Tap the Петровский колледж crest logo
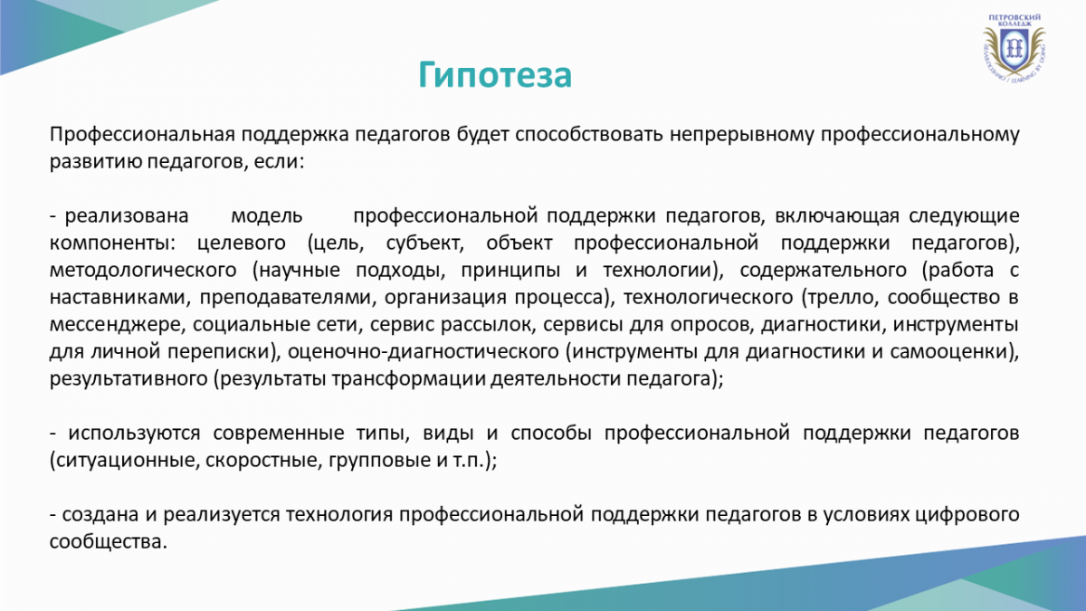coord(1015,47)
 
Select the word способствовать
coord(588,134)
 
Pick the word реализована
coord(127,216)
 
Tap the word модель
coord(267,216)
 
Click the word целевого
coord(242,243)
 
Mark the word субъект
coord(424,243)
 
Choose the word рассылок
coord(488,325)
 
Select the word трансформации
coord(409,379)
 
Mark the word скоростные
coord(263,461)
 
